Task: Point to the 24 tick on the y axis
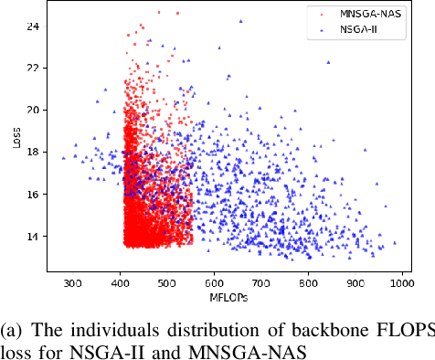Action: [33, 26]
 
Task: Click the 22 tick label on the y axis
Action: [33, 68]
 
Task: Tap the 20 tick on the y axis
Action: [33, 110]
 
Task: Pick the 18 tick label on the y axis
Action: [33, 152]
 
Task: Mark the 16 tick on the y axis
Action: [33, 194]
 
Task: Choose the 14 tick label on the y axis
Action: [33, 236]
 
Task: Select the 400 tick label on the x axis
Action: [120, 282]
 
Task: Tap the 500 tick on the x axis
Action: [167, 282]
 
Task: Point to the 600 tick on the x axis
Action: [215, 282]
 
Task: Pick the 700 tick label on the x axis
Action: [261, 282]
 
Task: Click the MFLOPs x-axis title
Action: [229, 297]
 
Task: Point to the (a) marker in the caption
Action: [12, 331]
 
